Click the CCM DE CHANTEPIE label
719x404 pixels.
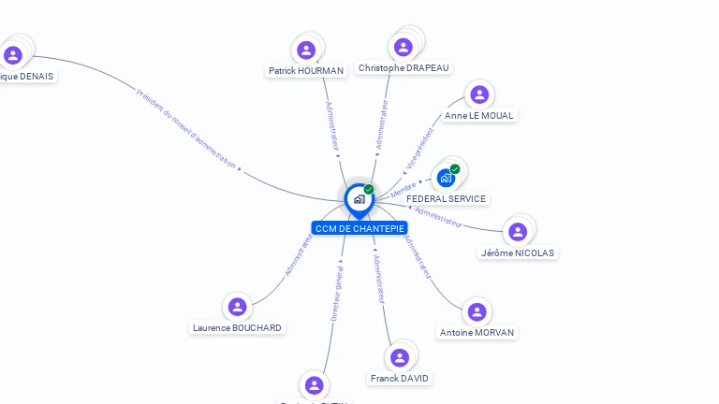pos(359,228)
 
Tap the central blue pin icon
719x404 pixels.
pos(359,199)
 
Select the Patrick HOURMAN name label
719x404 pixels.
pos(306,70)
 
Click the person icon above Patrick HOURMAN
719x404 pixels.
pos(305,50)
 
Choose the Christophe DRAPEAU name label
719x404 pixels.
pos(404,67)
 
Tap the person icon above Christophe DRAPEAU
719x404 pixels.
pos(404,47)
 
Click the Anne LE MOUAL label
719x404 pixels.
pos(479,115)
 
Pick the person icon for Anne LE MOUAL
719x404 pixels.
pos(479,94)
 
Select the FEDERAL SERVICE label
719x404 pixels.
pos(446,198)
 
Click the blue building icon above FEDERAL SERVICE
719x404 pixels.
pos(446,178)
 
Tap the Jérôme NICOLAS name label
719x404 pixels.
pos(517,252)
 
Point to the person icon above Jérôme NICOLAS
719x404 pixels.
pos(517,232)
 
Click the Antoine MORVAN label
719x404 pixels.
pos(477,332)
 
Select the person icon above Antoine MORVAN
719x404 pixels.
pos(477,311)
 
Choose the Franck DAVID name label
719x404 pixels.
pos(400,378)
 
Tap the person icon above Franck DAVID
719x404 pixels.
pos(400,357)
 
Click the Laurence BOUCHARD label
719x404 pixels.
pos(237,327)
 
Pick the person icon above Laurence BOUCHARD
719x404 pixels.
pos(237,307)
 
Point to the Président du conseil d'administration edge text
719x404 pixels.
pos(186,128)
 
